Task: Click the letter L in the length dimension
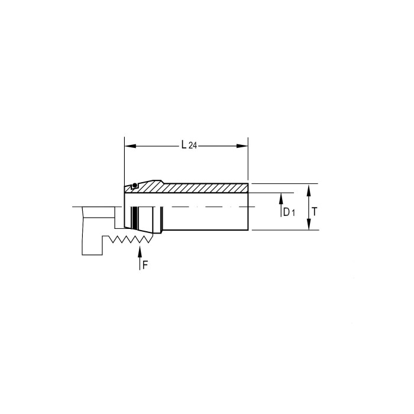184,145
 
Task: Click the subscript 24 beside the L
193,146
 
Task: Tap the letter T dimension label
314,212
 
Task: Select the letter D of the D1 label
286,212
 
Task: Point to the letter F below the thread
145,265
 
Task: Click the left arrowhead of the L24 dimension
130,146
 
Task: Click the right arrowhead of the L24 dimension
242,146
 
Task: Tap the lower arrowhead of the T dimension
308,224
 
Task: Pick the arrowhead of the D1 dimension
281,199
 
